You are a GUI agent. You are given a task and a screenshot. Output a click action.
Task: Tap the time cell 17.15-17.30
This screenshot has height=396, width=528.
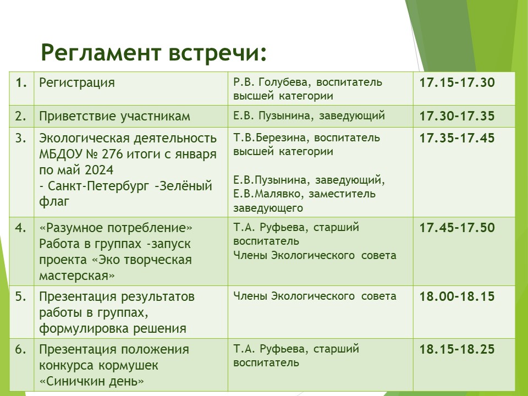click(457, 82)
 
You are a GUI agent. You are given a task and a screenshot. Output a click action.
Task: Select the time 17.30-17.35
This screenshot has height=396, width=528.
click(457, 116)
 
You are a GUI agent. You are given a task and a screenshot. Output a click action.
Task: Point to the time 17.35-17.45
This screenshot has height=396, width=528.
click(457, 138)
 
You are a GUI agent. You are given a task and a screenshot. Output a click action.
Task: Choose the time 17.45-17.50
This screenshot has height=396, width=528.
click(457, 228)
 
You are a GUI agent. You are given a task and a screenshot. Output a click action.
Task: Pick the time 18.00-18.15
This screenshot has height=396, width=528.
click(457, 296)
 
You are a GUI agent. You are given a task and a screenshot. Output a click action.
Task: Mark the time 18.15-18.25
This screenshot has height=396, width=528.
click(457, 349)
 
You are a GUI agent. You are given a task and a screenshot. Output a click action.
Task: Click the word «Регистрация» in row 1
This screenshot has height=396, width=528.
click(77, 83)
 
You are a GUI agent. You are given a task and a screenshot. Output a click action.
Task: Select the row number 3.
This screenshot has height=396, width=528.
click(21, 138)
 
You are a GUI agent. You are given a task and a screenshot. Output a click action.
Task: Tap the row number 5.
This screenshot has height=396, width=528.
click(21, 296)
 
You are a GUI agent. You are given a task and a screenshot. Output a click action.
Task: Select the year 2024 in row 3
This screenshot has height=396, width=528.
click(99, 170)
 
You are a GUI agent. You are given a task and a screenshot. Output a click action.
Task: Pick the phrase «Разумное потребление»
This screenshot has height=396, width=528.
click(116, 228)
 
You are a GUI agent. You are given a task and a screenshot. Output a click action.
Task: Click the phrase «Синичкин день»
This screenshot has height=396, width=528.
click(92, 381)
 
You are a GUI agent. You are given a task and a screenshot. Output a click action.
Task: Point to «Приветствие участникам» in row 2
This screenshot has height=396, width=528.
click(115, 117)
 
